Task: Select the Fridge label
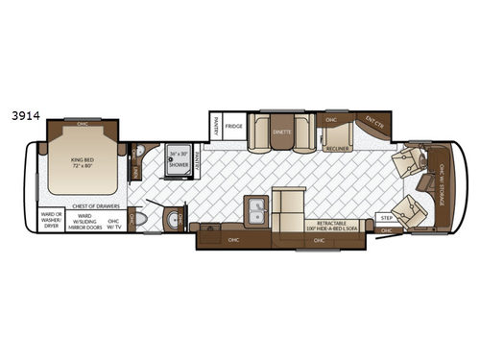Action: tap(235, 126)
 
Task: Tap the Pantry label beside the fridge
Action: tap(217, 126)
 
